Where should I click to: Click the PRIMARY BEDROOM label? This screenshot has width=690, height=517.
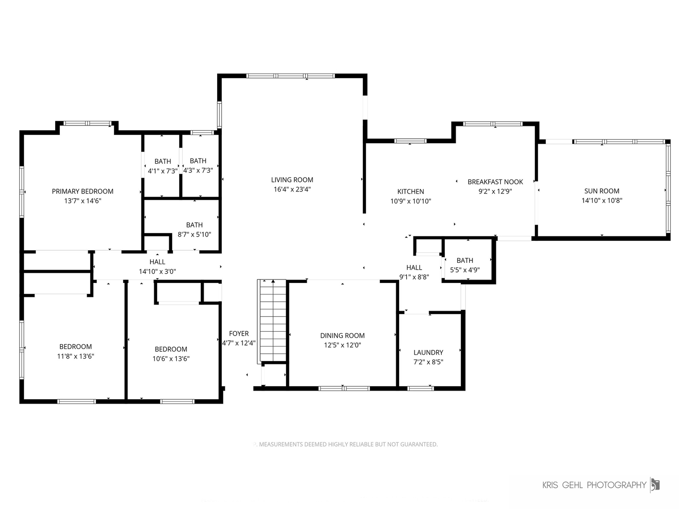coord(82,191)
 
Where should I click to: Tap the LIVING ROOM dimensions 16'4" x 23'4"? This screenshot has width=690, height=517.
coord(292,190)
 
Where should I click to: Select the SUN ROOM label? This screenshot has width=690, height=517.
coord(601,191)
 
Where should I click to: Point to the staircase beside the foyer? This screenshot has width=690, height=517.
coord(272,321)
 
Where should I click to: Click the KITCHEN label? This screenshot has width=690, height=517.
coord(411,191)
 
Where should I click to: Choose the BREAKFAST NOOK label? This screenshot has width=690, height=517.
coord(495,182)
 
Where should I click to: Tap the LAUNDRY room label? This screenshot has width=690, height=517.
coord(428,352)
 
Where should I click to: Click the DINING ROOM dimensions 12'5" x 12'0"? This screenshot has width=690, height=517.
coord(342,345)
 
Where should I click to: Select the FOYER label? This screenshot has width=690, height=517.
coord(239,334)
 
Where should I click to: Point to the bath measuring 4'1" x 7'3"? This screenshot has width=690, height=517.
coord(162,166)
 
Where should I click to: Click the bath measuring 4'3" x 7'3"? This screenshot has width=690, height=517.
coord(198,166)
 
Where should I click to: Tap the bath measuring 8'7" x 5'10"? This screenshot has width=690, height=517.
coord(194,229)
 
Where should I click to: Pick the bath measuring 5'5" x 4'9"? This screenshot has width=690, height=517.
coord(465,265)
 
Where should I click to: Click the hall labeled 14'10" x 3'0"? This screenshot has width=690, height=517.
coord(157,267)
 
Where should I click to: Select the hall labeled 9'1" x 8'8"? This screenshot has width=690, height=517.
coord(414,272)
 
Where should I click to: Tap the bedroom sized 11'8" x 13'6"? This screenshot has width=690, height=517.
coord(75,351)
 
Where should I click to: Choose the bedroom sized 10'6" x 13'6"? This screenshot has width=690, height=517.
coord(171,354)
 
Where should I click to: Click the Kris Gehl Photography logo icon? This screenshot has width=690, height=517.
coord(655,484)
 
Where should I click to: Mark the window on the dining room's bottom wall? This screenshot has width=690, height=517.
coord(344,388)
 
